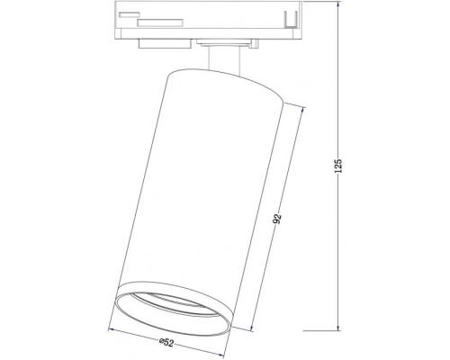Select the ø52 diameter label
click(168, 341)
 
